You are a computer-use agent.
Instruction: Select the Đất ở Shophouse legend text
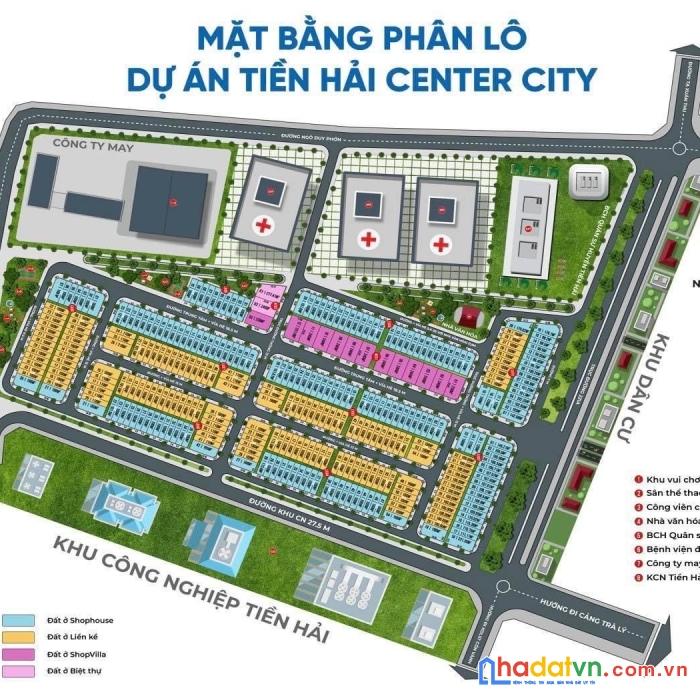pos(80,620)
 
